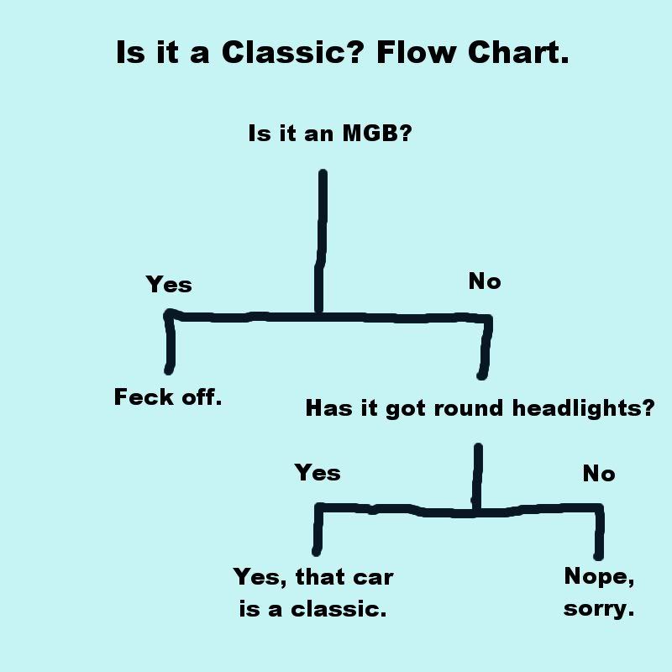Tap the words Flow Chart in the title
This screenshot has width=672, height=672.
tap(472, 53)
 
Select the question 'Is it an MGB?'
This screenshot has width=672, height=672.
tap(330, 134)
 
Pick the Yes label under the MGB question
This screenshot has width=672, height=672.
tap(169, 285)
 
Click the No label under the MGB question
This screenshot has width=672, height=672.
tap(485, 282)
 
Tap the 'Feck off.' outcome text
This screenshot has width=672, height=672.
tap(168, 397)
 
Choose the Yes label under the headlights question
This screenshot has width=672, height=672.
tap(318, 473)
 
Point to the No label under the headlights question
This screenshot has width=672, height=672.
tap(599, 475)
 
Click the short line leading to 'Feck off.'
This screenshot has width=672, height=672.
tap(171, 344)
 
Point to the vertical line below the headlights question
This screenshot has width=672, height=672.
tap(477, 475)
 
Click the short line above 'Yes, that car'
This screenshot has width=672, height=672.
tap(318, 529)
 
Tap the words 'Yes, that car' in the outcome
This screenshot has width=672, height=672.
tap(313, 577)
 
